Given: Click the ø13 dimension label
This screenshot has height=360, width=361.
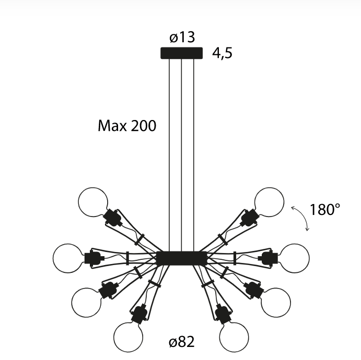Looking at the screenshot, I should [x=182, y=38].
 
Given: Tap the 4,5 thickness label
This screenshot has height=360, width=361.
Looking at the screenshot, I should [x=222, y=53].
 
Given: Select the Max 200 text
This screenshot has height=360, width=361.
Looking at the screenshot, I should [x=127, y=126].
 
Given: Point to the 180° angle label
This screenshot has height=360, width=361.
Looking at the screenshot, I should [x=324, y=210].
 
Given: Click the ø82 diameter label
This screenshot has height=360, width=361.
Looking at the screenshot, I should [x=182, y=342].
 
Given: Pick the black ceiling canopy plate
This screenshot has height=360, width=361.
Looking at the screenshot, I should [x=181, y=53].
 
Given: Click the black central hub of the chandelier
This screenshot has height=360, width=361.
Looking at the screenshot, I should [x=181, y=258].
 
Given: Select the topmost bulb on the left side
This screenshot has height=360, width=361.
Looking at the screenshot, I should [x=93, y=202].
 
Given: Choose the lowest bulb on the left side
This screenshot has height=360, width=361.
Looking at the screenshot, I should [x=128, y=337].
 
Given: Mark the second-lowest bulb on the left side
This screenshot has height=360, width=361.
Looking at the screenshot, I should [x=86, y=302].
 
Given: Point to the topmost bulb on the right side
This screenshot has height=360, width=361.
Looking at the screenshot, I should [x=270, y=202].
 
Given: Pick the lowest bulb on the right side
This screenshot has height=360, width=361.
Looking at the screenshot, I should [x=234, y=337].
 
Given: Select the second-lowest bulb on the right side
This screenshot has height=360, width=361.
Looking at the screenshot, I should [x=275, y=302].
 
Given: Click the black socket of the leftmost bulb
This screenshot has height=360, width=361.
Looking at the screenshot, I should [x=92, y=258].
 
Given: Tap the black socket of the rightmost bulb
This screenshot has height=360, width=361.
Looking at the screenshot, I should [x=270, y=258].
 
